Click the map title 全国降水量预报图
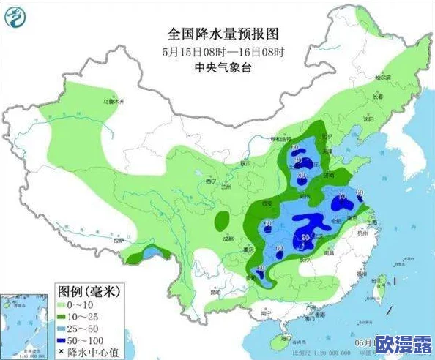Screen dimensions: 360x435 click(224, 34)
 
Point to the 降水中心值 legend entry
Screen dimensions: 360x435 click(86, 353)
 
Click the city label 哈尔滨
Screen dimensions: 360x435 click(382, 76)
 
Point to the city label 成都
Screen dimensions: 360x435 click(228, 239)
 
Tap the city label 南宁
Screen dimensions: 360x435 click(259, 313)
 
